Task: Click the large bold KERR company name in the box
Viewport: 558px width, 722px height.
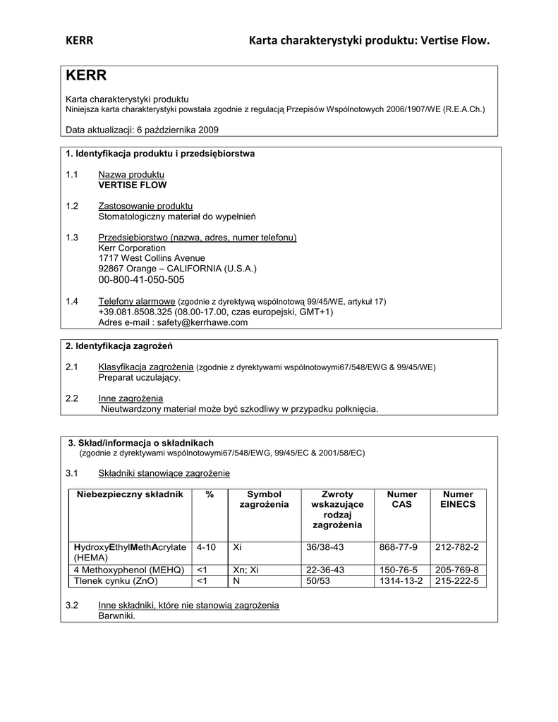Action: click(x=86, y=75)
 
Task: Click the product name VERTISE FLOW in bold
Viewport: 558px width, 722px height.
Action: click(x=133, y=185)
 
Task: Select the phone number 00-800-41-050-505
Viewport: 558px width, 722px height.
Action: click(x=141, y=280)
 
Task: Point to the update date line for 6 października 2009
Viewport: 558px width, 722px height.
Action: click(x=142, y=130)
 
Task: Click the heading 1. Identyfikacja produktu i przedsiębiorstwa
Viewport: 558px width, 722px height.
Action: click(x=160, y=153)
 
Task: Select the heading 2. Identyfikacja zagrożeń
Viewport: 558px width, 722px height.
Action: click(x=119, y=346)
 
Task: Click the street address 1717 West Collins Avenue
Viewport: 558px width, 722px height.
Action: click(x=152, y=258)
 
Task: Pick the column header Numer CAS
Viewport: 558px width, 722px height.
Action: click(x=402, y=499)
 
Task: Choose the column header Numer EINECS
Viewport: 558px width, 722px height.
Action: click(x=458, y=499)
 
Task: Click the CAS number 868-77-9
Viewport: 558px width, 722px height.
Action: click(x=398, y=547)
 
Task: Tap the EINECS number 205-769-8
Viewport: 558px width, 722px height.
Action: click(x=457, y=570)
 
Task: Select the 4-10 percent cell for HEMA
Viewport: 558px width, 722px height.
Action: click(x=207, y=547)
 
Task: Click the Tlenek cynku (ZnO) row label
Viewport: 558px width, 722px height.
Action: click(x=116, y=581)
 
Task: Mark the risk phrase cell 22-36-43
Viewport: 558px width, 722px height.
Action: click(x=325, y=570)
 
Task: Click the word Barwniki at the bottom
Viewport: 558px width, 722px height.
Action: click(x=116, y=616)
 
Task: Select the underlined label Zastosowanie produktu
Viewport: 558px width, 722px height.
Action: click(x=145, y=206)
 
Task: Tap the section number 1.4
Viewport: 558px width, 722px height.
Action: click(x=72, y=301)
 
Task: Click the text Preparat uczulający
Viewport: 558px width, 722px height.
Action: click(x=139, y=377)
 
